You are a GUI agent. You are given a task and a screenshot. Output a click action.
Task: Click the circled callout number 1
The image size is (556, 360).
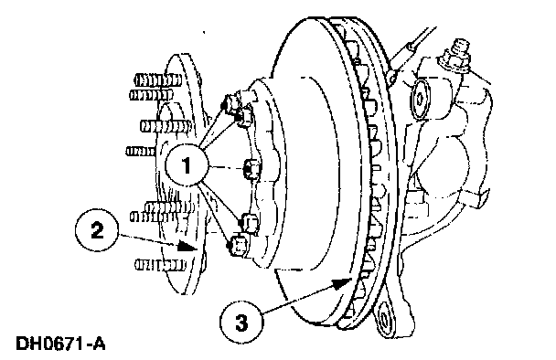pyautogui.click(x=187, y=165)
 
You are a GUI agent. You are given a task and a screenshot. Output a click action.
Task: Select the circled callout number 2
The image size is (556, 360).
pyautogui.click(x=96, y=230)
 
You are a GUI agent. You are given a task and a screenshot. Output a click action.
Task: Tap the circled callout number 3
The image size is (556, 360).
pyautogui.click(x=241, y=323)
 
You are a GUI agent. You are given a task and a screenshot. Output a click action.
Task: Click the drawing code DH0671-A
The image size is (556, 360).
pyautogui.click(x=60, y=344)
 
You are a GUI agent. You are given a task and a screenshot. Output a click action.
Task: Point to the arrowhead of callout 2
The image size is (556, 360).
pyautogui.click(x=187, y=245)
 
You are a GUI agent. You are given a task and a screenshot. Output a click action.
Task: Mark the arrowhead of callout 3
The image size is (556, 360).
pyautogui.click(x=342, y=282)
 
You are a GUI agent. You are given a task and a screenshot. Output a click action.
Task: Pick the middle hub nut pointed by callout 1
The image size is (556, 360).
pyautogui.click(x=251, y=168)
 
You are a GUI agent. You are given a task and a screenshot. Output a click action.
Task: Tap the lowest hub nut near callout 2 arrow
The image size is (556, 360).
pyautogui.click(x=238, y=245)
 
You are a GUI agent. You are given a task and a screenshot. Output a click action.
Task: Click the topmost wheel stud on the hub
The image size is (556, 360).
pyautogui.click(x=158, y=79)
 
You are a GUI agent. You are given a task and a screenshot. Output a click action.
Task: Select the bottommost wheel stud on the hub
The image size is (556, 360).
pyautogui.click(x=160, y=265)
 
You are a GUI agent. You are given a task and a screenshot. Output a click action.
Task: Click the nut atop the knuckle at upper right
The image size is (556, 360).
pyautogui.click(x=456, y=57)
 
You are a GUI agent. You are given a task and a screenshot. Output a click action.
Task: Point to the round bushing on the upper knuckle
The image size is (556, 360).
pyautogui.click(x=420, y=100)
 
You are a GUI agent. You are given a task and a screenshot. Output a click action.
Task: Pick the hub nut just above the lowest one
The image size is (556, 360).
pyautogui.click(x=250, y=223)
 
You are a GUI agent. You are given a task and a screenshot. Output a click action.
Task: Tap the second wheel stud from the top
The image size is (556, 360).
pyautogui.click(x=152, y=95)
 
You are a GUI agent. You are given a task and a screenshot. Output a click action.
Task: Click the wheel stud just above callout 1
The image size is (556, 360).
pyautogui.click(x=166, y=126)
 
